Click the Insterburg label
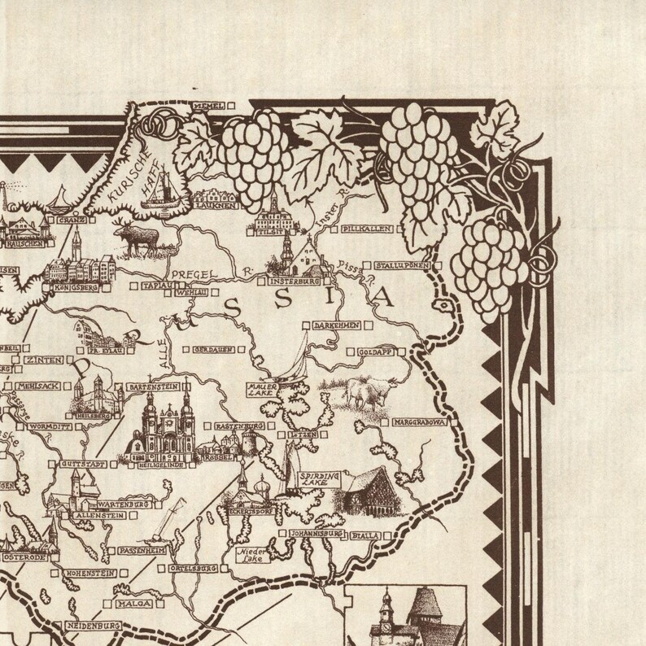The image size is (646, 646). [290, 282]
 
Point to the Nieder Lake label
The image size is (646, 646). [249, 556]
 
